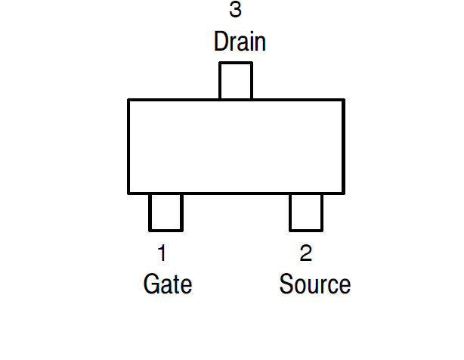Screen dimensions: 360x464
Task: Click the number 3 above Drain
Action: pyautogui.click(x=236, y=11)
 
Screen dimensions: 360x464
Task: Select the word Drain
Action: pyautogui.click(x=240, y=41)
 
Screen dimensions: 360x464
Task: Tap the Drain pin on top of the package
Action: pyautogui.click(x=235, y=81)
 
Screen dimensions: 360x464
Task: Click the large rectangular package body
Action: pyautogui.click(x=236, y=146)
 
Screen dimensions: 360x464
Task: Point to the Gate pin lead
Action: pyautogui.click(x=165, y=212)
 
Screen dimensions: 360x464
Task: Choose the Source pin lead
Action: pyautogui.click(x=306, y=212)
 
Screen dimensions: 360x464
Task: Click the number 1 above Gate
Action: pyautogui.click(x=162, y=253)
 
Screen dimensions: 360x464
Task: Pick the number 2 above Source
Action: pyautogui.click(x=305, y=253)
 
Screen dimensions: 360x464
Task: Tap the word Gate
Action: pyautogui.click(x=168, y=284)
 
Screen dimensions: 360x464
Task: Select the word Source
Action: pyautogui.click(x=314, y=284)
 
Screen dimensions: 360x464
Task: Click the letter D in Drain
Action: pyautogui.click(x=221, y=41)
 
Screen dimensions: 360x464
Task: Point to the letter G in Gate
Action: pyautogui.click(x=151, y=284)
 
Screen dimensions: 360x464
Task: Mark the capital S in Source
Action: pyautogui.click(x=286, y=284)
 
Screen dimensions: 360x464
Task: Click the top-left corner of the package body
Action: pyautogui.click(x=129, y=101)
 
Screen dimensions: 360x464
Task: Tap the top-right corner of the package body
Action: pyautogui.click(x=343, y=101)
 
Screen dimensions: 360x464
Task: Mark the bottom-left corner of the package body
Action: pyautogui.click(x=129, y=193)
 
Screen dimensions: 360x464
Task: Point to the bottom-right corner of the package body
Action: pyautogui.click(x=343, y=193)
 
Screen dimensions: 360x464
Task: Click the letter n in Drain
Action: pyautogui.click(x=260, y=42)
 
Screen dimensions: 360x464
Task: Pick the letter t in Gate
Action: pyautogui.click(x=176, y=285)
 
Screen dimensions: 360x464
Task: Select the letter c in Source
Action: pyautogui.click(x=333, y=287)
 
